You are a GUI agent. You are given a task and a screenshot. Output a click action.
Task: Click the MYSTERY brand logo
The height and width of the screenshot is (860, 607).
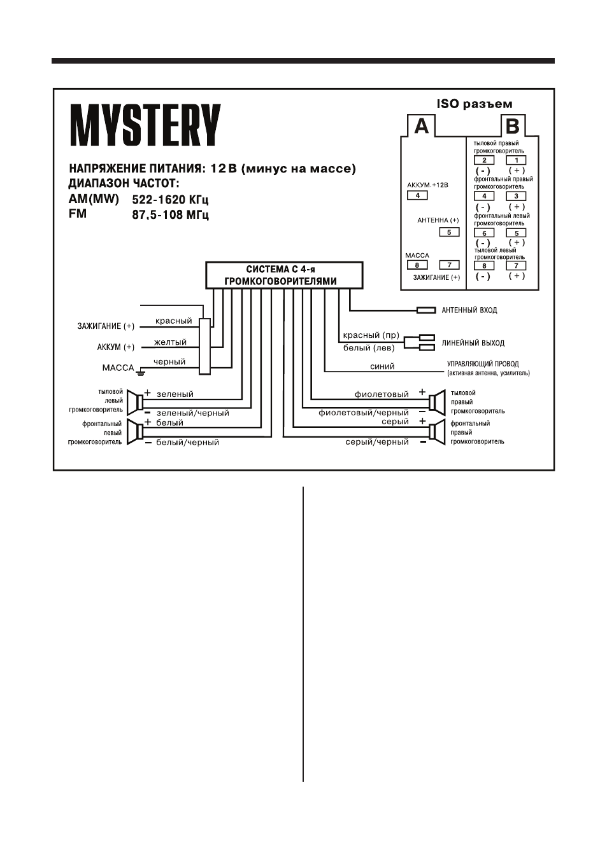click(145, 125)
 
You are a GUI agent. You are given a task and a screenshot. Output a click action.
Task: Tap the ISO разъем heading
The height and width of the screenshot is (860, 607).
click(475, 104)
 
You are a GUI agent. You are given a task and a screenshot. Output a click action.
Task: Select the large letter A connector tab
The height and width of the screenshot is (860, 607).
click(421, 125)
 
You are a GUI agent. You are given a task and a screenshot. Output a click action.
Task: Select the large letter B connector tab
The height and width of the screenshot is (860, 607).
click(513, 125)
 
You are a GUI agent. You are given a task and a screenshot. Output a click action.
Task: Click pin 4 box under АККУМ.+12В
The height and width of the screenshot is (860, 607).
click(417, 195)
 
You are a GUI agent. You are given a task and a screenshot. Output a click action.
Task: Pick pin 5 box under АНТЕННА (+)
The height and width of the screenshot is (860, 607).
click(449, 232)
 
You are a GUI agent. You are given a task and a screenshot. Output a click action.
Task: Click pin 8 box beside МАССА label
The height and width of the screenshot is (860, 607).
click(417, 265)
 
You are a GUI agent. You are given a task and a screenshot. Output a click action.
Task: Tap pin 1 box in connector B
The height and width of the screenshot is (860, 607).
click(516, 160)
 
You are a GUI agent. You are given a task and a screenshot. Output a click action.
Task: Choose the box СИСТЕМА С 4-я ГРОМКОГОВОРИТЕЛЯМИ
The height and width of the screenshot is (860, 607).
click(284, 275)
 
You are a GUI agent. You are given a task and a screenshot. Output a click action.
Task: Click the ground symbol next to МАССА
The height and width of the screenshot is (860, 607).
click(141, 371)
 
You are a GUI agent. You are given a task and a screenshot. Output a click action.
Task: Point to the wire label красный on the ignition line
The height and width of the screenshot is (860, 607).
click(173, 321)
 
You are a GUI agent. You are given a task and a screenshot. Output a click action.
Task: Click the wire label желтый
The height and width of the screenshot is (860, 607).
click(170, 342)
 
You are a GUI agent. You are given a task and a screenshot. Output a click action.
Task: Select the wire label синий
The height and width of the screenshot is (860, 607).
click(382, 366)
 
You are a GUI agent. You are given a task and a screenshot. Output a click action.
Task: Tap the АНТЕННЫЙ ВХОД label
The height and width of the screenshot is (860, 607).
click(469, 310)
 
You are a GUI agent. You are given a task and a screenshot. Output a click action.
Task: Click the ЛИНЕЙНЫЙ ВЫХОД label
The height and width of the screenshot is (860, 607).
click(473, 343)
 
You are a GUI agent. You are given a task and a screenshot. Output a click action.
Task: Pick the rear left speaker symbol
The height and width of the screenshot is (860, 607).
click(135, 403)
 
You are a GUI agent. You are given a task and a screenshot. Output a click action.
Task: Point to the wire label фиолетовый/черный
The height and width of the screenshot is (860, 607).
click(363, 413)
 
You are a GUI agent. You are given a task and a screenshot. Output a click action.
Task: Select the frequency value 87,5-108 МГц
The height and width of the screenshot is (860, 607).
click(170, 214)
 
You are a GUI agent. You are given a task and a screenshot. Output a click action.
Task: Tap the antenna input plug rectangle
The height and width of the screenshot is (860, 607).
click(426, 310)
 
